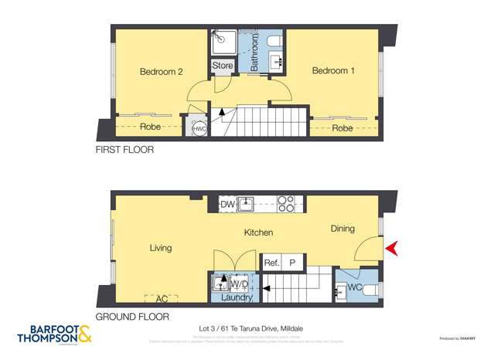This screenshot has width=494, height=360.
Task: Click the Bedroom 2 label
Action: [x=161, y=72]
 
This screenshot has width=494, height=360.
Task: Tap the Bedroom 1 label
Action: [x=333, y=71]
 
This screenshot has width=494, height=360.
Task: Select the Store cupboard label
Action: [x=222, y=66]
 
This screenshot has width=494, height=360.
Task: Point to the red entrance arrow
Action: [x=391, y=248]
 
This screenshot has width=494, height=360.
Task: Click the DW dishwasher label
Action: [x=227, y=205]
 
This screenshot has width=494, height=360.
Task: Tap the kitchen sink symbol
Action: [x=247, y=205]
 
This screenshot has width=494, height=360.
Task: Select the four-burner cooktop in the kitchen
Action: [x=286, y=204]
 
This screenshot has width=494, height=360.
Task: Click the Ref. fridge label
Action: [x=271, y=263]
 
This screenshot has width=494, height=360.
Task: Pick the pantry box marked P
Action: [x=293, y=263]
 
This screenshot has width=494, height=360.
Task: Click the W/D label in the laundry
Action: [x=240, y=283]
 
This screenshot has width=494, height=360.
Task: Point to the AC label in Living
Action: [x=161, y=297]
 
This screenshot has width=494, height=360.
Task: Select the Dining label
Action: [x=342, y=229]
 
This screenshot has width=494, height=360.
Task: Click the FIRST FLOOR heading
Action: [x=124, y=150]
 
